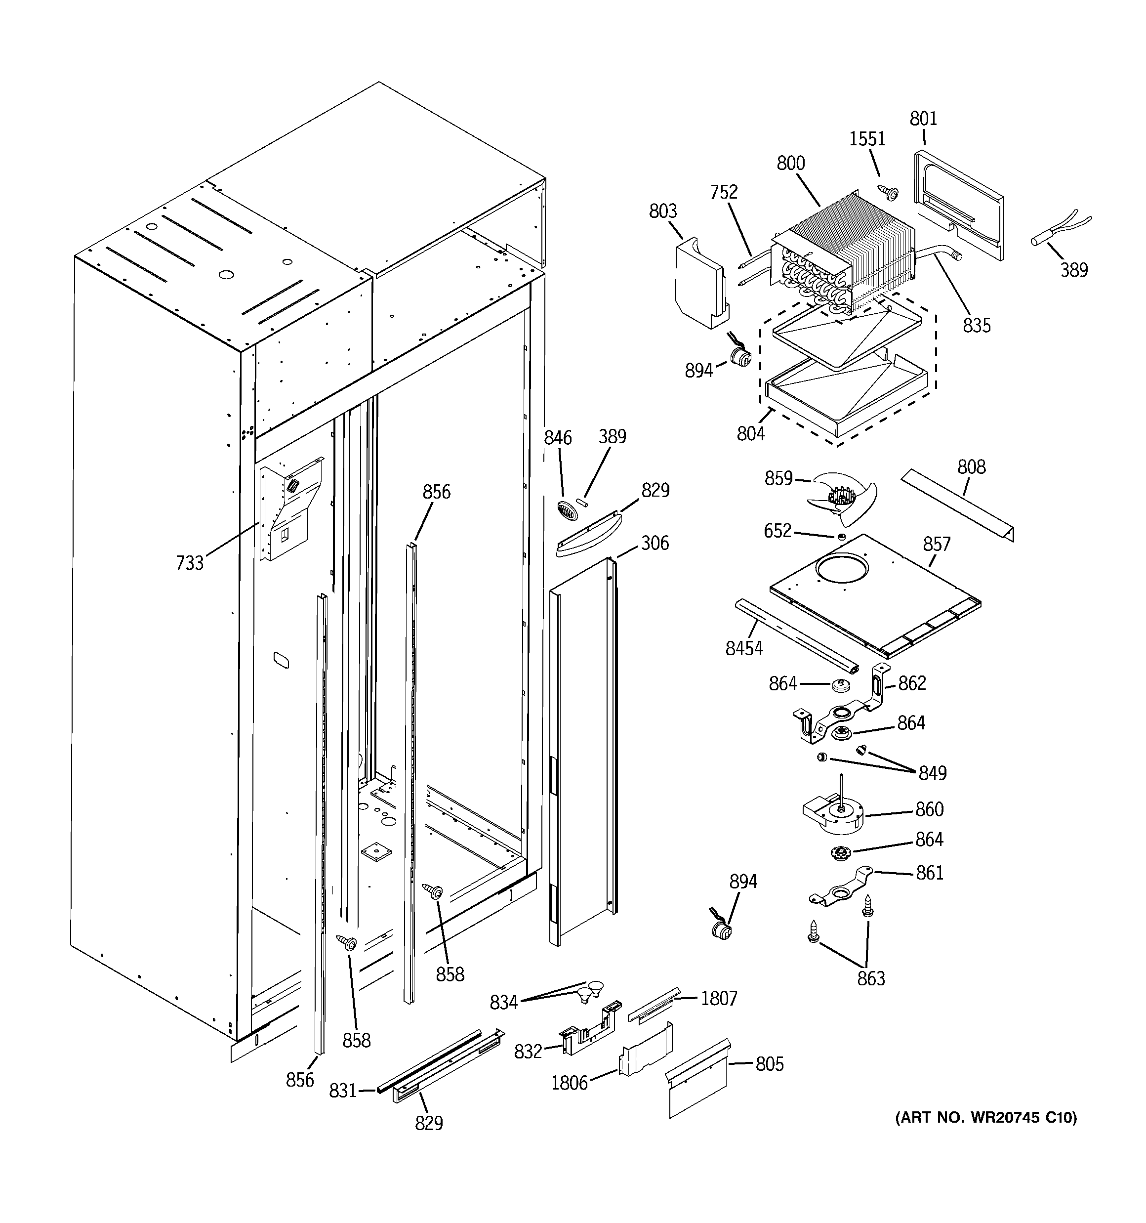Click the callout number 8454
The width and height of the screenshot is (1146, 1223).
point(744,648)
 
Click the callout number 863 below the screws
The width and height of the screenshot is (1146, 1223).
point(871,978)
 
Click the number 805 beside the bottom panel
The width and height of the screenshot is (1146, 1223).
point(770,1064)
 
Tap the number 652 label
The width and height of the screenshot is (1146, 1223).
point(778,531)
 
